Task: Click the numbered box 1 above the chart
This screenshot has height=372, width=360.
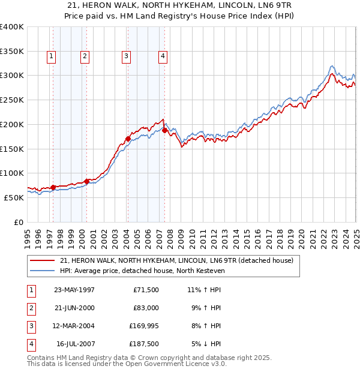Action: point(52,56)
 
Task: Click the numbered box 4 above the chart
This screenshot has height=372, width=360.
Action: point(163,56)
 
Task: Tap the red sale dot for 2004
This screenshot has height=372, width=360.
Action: point(128,139)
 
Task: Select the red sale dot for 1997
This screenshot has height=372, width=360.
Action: point(53,187)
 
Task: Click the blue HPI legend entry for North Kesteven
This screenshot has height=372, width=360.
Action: point(142,271)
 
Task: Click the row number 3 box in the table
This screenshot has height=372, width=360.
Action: point(30,326)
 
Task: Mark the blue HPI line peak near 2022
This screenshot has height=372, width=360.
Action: point(332,65)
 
